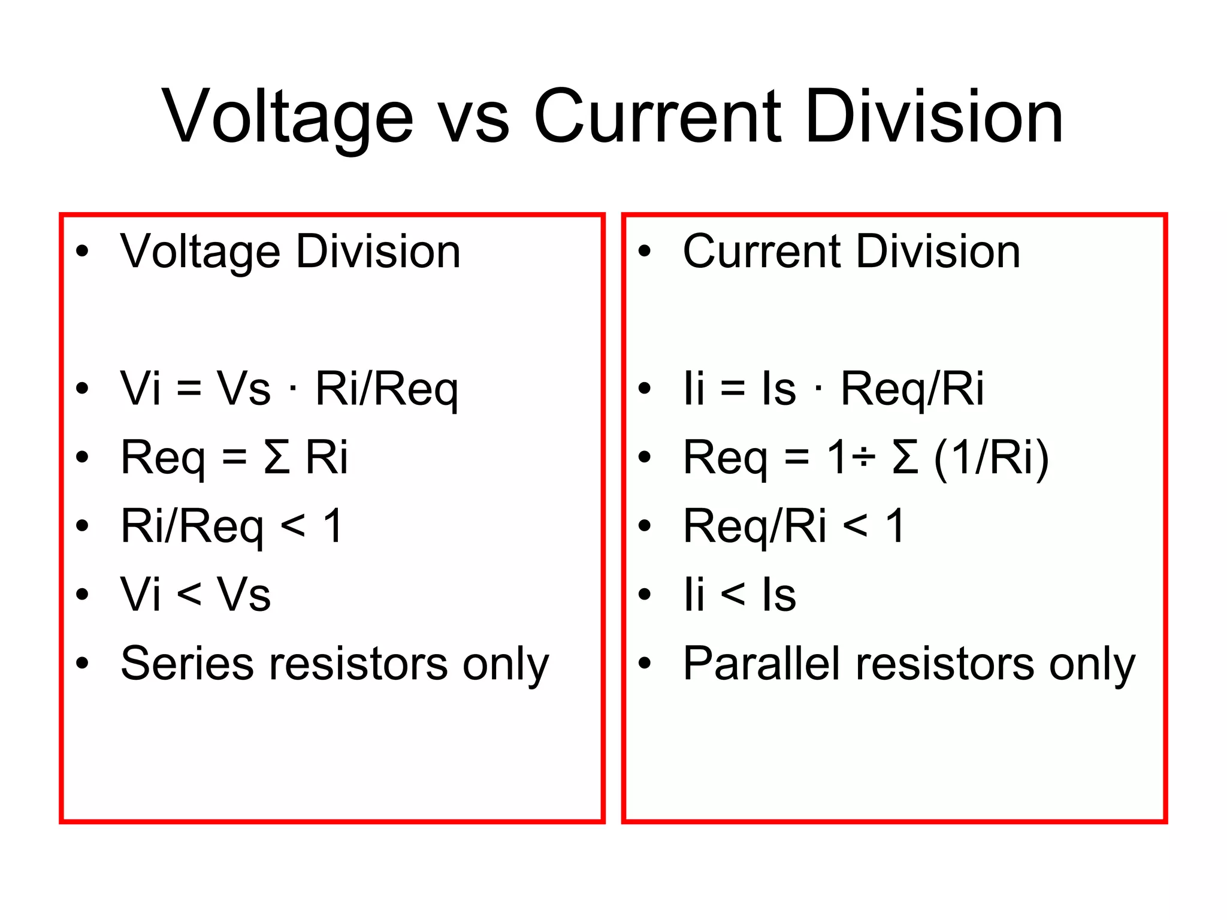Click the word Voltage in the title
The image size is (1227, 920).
tap(288, 117)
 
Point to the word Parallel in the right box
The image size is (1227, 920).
tap(761, 663)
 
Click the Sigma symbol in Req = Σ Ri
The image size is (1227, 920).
tap(277, 458)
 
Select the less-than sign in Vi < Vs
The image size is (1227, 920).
tap(189, 595)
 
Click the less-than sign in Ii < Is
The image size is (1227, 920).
tap(733, 595)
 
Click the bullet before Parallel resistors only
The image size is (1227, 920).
tap(644, 663)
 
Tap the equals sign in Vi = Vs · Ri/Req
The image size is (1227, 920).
tap(189, 389)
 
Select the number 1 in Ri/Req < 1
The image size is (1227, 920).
tap(333, 526)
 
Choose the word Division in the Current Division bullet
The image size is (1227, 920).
tap(938, 252)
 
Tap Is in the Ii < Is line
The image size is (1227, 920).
tap(779, 595)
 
